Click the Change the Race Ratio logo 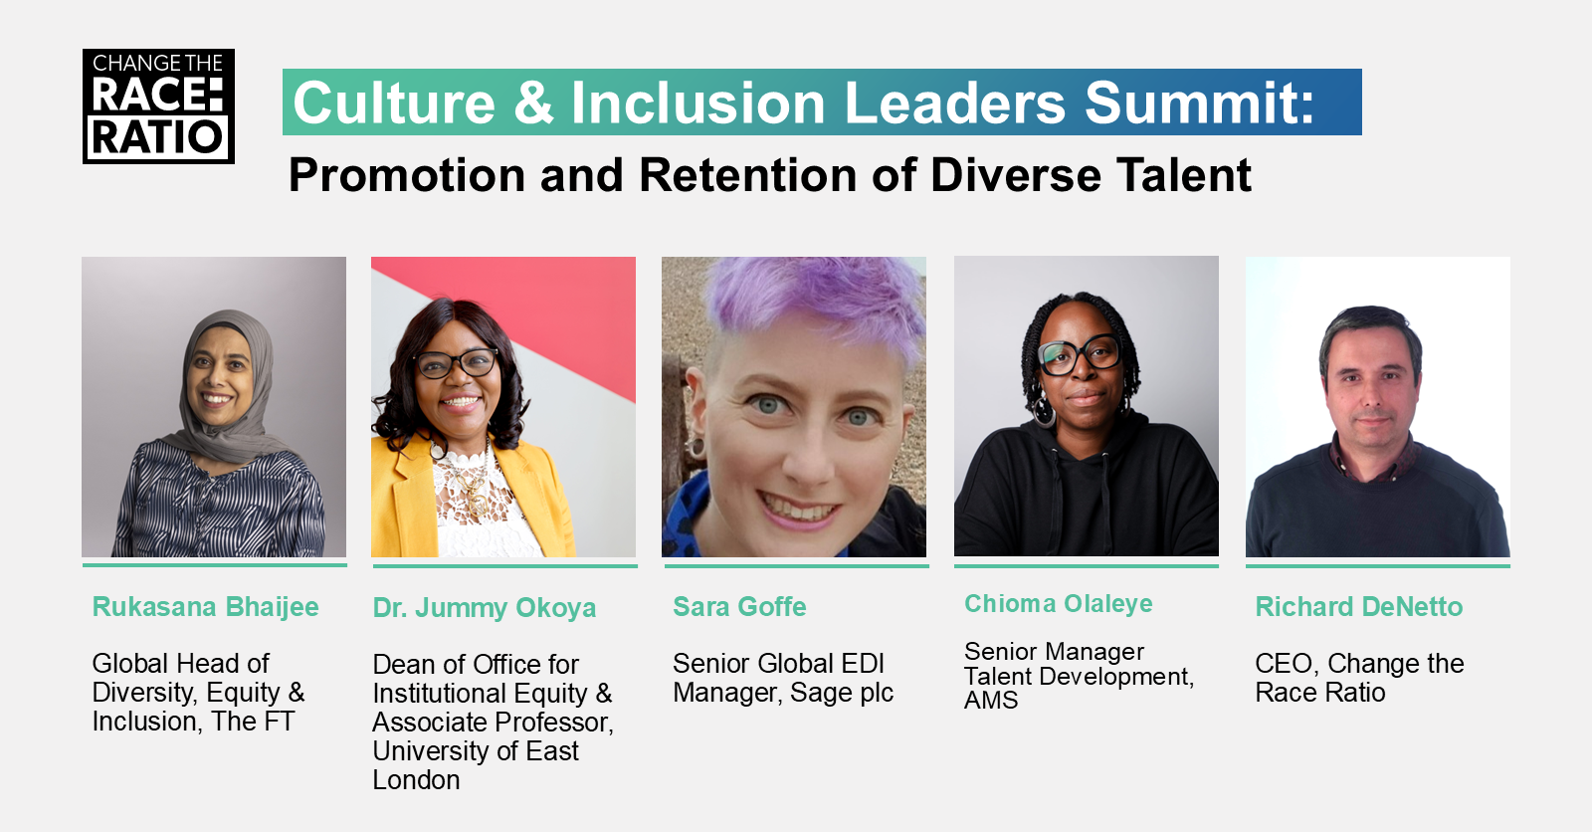[x=158, y=106]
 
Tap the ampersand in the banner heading [x=533, y=104]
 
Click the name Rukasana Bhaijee [x=205, y=607]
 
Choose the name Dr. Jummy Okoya [x=484, y=609]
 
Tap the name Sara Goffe [x=739, y=606]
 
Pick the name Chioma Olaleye [x=1059, y=604]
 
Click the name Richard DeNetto [x=1359, y=606]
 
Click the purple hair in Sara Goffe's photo [x=817, y=303]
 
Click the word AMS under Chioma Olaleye [x=991, y=702]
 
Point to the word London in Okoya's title [x=417, y=780]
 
